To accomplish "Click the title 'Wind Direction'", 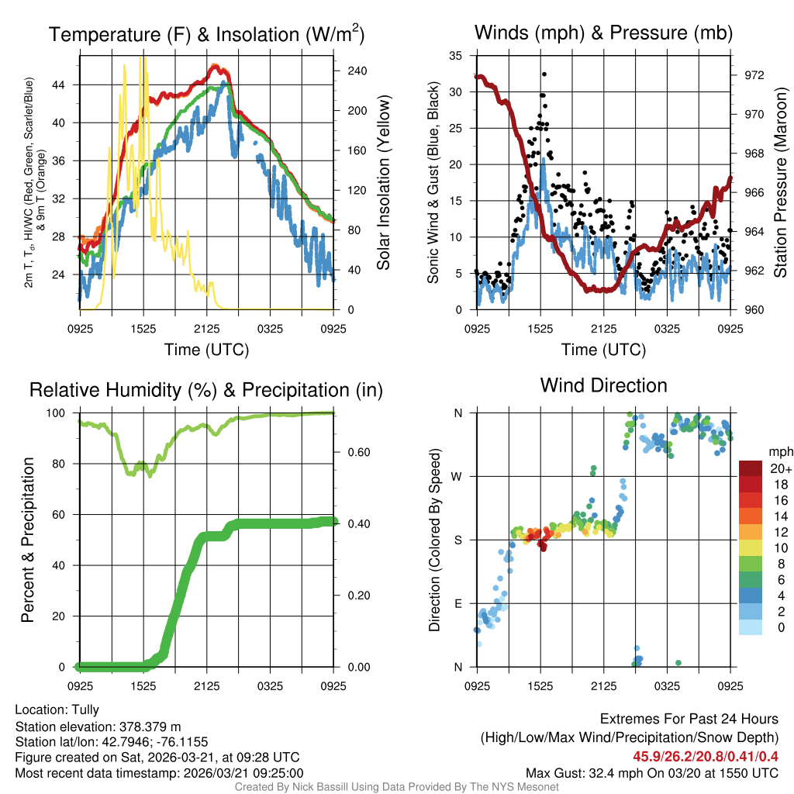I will click(603, 385).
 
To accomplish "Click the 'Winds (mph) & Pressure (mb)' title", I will click(603, 33).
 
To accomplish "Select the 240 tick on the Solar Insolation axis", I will click(357, 71).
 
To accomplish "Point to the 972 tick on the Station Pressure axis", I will click(754, 75).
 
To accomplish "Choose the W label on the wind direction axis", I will click(457, 476).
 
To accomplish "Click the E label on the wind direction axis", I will click(457, 603).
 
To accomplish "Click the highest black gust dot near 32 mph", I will click(544, 74).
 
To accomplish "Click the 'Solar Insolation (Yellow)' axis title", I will click(383, 182).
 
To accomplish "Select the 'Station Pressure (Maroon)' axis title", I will click(780, 182).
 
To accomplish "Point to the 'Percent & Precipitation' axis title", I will click(28, 540).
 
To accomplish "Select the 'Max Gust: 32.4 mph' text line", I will click(652, 772).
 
